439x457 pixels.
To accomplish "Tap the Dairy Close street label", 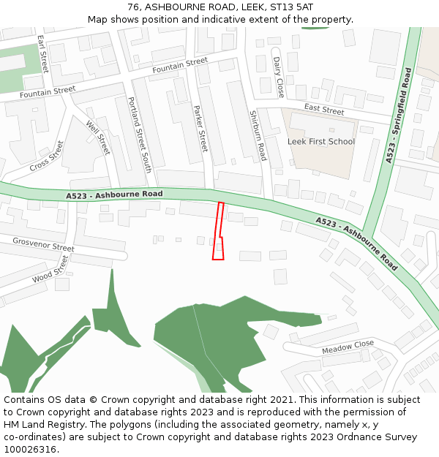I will click(x=278, y=78).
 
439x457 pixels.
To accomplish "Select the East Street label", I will click(x=324, y=110).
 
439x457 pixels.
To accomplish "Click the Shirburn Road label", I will click(x=258, y=136).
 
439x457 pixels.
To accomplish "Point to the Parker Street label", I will click(x=200, y=129).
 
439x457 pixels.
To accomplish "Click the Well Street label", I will click(x=97, y=137).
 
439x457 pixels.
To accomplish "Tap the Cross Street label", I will click(x=47, y=156).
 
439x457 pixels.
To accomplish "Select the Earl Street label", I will click(x=43, y=53).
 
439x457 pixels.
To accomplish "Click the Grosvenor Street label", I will click(x=43, y=244).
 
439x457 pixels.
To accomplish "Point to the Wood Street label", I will click(x=50, y=269).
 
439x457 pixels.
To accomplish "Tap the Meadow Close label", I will click(x=348, y=347).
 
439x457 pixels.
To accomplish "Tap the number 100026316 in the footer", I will click(x=30, y=449).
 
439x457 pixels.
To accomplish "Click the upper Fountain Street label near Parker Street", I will click(x=180, y=66).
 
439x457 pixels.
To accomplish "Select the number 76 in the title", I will click(x=132, y=7).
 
